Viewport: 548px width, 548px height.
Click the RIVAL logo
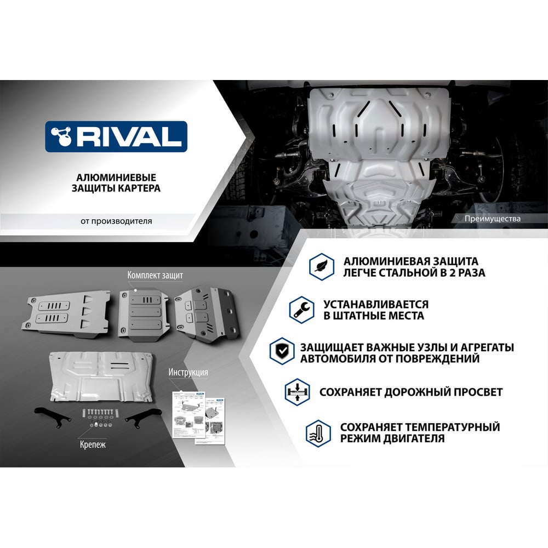click(116, 136)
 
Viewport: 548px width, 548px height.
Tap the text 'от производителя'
click(116, 221)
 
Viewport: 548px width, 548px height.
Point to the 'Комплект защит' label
click(155, 275)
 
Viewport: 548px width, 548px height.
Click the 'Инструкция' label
click(188, 372)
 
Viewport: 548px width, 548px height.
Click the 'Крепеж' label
click(92, 444)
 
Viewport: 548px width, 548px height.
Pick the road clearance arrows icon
click(296, 392)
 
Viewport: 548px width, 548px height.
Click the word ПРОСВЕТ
click(475, 392)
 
